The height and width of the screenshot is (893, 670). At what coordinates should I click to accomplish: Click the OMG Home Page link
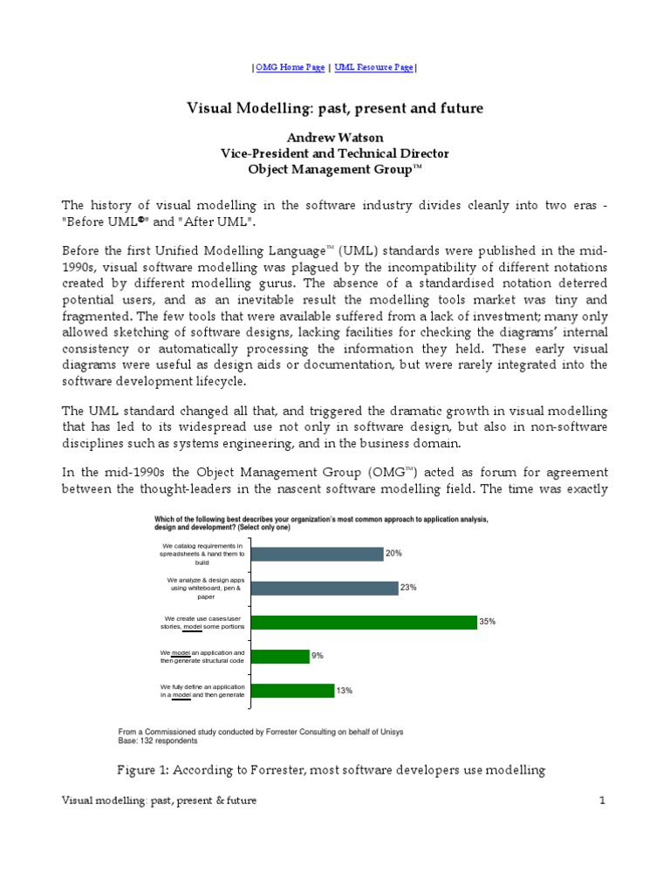point(290,67)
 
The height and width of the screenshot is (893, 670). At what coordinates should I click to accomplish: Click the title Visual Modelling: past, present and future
point(335,108)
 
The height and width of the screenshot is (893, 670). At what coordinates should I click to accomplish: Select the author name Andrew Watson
point(335,138)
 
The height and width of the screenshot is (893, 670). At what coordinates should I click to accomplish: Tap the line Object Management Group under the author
point(335,169)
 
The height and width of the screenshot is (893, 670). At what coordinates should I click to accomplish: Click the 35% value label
point(487,622)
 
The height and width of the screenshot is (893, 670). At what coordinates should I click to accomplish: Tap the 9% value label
point(318,655)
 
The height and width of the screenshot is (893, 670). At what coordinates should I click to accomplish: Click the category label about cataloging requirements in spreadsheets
point(202,554)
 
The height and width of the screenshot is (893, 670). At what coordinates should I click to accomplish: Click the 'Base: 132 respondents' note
point(157,741)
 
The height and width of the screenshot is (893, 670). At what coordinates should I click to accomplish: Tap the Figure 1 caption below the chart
point(331,769)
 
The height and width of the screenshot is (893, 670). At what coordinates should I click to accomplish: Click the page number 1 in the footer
point(602,801)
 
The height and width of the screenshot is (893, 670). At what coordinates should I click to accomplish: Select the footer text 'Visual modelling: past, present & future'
point(160,801)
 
